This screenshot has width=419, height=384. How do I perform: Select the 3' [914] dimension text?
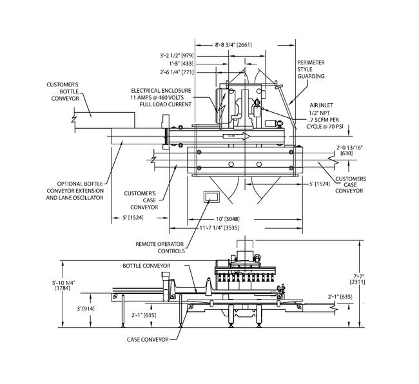click(86, 309)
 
